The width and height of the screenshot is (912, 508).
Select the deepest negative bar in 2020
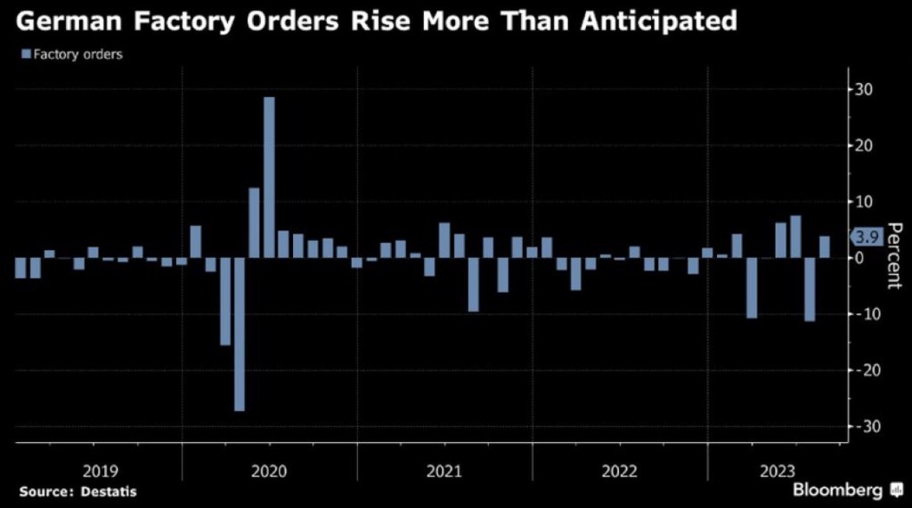point(240,334)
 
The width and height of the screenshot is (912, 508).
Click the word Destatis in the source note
point(110,491)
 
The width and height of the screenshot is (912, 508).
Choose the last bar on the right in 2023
point(825,246)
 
